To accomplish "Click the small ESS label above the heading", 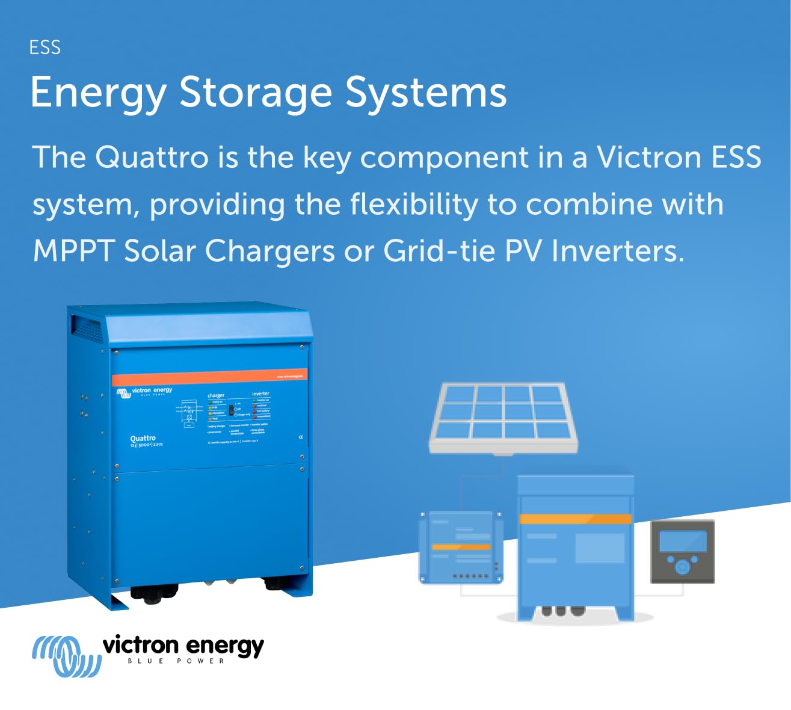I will pyautogui.click(x=45, y=48).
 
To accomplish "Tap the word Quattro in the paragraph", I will pyautogui.click(x=152, y=157).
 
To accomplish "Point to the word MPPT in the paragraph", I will pyautogui.click(x=73, y=250).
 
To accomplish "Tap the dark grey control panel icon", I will pyautogui.click(x=682, y=551).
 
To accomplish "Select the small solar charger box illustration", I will pyautogui.click(x=461, y=547).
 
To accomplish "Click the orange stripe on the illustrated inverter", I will pyautogui.click(x=575, y=519).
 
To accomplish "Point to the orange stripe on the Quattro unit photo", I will pyautogui.click(x=209, y=377).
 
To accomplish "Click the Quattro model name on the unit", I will pyautogui.click(x=143, y=439).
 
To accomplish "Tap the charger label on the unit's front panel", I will pyautogui.click(x=215, y=395).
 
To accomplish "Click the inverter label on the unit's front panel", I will pyautogui.click(x=260, y=394).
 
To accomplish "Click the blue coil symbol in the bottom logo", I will pyautogui.click(x=64, y=655).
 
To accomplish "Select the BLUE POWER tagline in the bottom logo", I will pyautogui.click(x=176, y=661).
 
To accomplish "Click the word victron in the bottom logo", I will pyautogui.click(x=141, y=646).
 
